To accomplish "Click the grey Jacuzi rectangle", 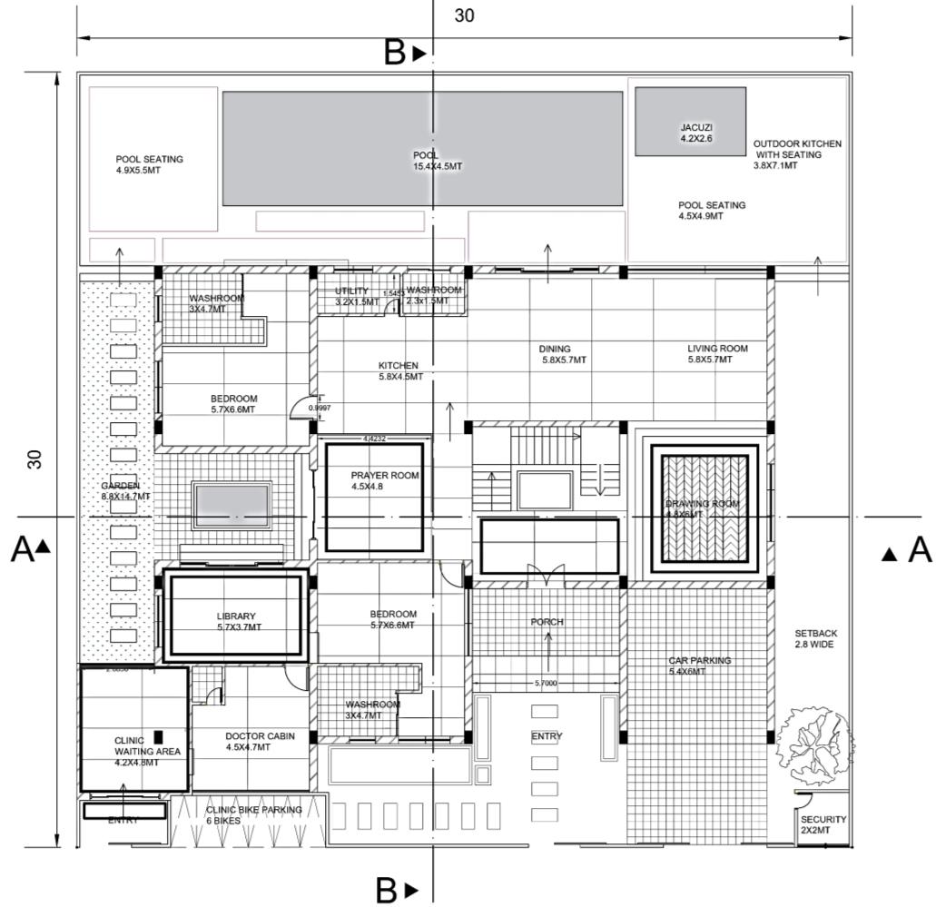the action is point(690,121).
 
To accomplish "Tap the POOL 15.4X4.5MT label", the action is point(438,161).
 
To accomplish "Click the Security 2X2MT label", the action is point(823,824).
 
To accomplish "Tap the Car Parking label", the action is point(699,665).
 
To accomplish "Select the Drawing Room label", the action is point(702,508).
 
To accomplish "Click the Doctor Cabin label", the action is point(260,742).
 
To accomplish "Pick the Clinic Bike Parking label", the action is point(253,814).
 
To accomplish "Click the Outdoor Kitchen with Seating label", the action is point(797,154).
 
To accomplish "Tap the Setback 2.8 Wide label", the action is point(815,638).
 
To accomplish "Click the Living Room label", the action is point(717,353).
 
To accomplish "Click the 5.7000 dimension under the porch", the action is point(546,684).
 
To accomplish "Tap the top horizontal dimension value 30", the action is point(465,16).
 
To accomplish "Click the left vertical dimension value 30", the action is point(35,458).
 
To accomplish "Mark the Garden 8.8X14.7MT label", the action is point(125,491).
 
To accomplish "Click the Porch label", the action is point(547,622).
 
